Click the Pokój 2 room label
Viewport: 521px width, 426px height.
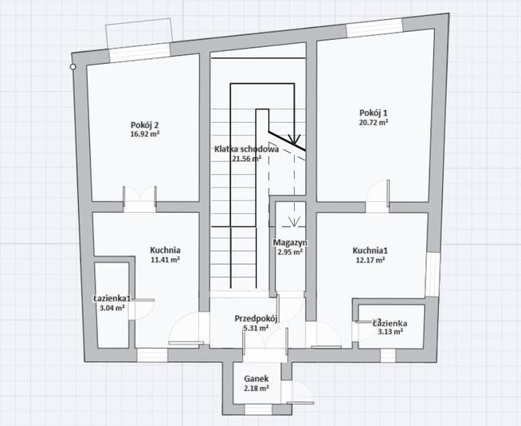pyautogui.click(x=144, y=125)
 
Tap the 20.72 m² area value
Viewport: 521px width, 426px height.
pyautogui.click(x=374, y=122)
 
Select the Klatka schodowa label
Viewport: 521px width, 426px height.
pyautogui.click(x=246, y=149)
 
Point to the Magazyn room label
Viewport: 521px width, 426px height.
pyautogui.click(x=290, y=243)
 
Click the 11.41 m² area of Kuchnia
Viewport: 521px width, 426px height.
pyautogui.click(x=166, y=259)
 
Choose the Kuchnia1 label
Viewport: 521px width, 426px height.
pyautogui.click(x=370, y=250)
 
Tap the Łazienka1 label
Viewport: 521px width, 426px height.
pyautogui.click(x=112, y=298)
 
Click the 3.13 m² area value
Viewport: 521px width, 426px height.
pyautogui.click(x=390, y=332)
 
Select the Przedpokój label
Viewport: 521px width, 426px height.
pyautogui.click(x=257, y=318)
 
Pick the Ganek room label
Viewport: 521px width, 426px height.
pyautogui.click(x=257, y=379)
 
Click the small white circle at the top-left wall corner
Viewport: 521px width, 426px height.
pyautogui.click(x=72, y=67)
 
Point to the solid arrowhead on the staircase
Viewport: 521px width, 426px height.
pyautogui.click(x=294, y=139)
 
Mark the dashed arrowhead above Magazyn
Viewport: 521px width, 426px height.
pyautogui.click(x=294, y=221)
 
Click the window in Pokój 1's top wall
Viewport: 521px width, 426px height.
pyautogui.click(x=374, y=27)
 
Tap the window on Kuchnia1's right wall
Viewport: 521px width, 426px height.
pyautogui.click(x=433, y=274)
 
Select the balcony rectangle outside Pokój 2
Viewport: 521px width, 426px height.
pyautogui.click(x=139, y=34)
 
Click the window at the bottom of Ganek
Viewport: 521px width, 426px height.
pyautogui.click(x=258, y=409)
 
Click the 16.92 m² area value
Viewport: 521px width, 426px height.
pyautogui.click(x=145, y=134)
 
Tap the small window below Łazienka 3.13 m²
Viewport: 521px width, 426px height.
pyautogui.click(x=388, y=356)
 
